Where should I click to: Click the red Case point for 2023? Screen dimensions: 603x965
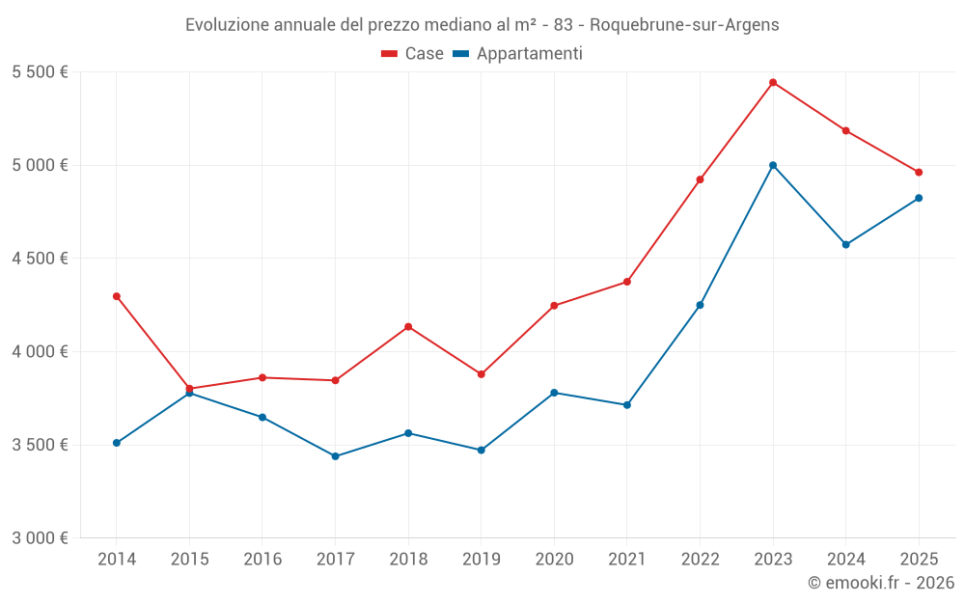(773, 82)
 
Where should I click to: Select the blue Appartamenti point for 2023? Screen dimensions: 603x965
(773, 165)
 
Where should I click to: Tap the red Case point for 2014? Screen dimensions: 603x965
(117, 296)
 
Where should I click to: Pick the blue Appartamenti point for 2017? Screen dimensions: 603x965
(335, 456)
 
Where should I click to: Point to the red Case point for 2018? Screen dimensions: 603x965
(408, 327)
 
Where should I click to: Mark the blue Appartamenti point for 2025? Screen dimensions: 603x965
(919, 198)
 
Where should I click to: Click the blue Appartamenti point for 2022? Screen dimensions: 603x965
(700, 305)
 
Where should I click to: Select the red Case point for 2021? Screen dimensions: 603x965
(627, 282)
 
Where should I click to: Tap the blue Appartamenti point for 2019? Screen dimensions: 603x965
(482, 450)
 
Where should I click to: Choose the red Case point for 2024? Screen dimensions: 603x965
(846, 130)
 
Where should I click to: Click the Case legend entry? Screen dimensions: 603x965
(413, 54)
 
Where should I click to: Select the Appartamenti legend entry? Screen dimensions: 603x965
(518, 54)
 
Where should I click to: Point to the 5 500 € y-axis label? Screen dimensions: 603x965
(40, 71)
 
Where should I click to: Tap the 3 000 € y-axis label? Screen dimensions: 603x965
(40, 537)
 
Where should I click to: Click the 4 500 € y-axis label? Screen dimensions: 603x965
(40, 258)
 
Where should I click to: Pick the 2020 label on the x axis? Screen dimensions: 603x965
(554, 559)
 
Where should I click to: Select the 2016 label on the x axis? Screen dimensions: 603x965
(262, 559)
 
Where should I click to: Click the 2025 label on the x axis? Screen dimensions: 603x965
(919, 559)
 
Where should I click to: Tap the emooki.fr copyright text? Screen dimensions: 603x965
(880, 583)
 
